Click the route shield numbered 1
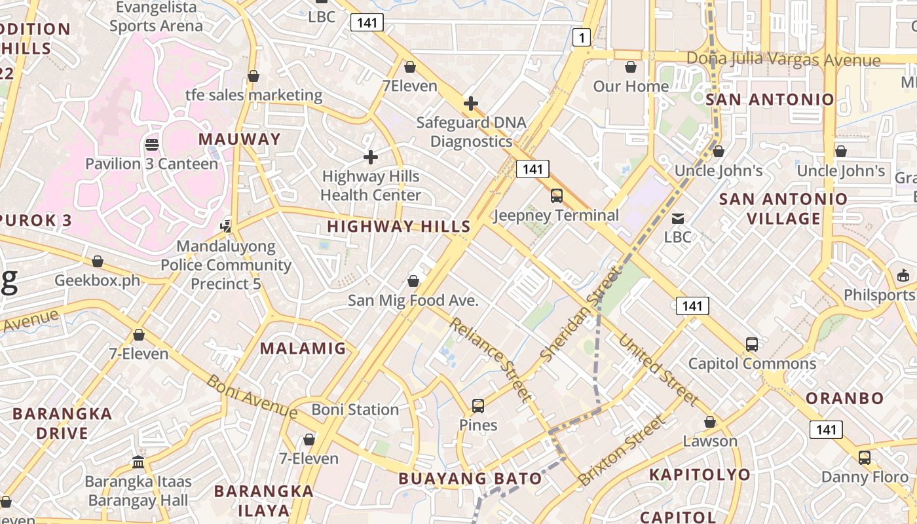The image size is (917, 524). [x=581, y=37]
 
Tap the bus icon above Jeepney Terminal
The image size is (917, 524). [x=557, y=195]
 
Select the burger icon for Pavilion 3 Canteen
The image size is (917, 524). [x=152, y=144]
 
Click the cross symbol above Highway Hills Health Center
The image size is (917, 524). [x=371, y=157]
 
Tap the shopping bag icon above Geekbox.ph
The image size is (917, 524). [x=98, y=262]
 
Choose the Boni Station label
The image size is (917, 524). [x=355, y=410]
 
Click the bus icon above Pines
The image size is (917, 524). [x=478, y=406]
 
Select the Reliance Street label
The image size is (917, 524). [x=490, y=359]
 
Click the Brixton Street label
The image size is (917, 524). [x=620, y=451]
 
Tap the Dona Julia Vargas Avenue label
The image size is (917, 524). [x=783, y=59]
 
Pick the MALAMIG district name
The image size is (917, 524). [x=303, y=348]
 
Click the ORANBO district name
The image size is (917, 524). [x=844, y=398]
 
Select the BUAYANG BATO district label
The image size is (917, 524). [x=470, y=478]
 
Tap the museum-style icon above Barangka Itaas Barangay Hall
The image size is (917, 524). [x=138, y=462]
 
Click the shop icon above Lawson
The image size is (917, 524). [x=710, y=422]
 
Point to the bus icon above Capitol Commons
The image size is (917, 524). [x=752, y=345]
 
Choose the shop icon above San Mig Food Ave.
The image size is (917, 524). [x=413, y=282]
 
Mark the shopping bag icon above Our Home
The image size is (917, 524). [x=631, y=67]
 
